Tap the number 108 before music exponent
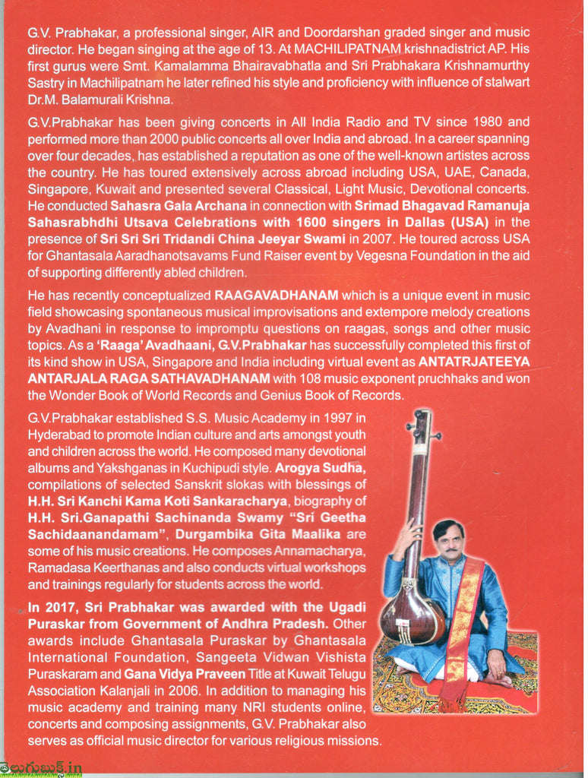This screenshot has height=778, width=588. coord(301,378)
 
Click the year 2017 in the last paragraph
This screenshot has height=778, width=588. coord(60,606)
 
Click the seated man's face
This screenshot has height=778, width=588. coord(449,539)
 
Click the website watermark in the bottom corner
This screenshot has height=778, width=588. coord(43,768)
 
